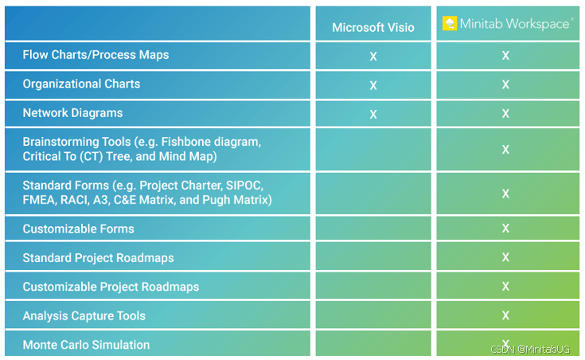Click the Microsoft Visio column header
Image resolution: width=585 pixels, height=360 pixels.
(373, 27)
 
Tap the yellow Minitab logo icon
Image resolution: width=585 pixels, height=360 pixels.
(450, 24)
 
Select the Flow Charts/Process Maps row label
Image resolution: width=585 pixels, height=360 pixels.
(96, 55)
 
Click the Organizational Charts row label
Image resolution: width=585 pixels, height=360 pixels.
(81, 84)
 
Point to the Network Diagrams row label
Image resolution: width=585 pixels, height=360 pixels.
(72, 113)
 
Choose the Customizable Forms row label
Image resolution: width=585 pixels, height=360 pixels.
(78, 229)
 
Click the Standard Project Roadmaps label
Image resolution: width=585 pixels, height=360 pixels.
(98, 258)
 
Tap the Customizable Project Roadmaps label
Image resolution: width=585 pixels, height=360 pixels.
(111, 287)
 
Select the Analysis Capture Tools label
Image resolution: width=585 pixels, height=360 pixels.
(84, 316)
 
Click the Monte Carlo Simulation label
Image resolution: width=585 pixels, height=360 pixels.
(86, 345)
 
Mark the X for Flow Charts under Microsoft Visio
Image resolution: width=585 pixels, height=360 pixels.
(373, 57)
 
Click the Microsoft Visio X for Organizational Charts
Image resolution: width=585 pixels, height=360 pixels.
(373, 85)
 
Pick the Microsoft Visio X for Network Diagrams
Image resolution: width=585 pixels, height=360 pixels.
(373, 114)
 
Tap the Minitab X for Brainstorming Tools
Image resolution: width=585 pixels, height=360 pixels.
(505, 150)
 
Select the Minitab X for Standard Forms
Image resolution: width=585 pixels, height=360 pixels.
(505, 194)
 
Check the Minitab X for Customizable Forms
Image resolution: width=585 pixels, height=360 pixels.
(505, 228)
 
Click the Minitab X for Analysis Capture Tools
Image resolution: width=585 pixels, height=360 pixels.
(505, 315)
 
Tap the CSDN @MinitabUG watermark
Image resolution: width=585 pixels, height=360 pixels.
(530, 350)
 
